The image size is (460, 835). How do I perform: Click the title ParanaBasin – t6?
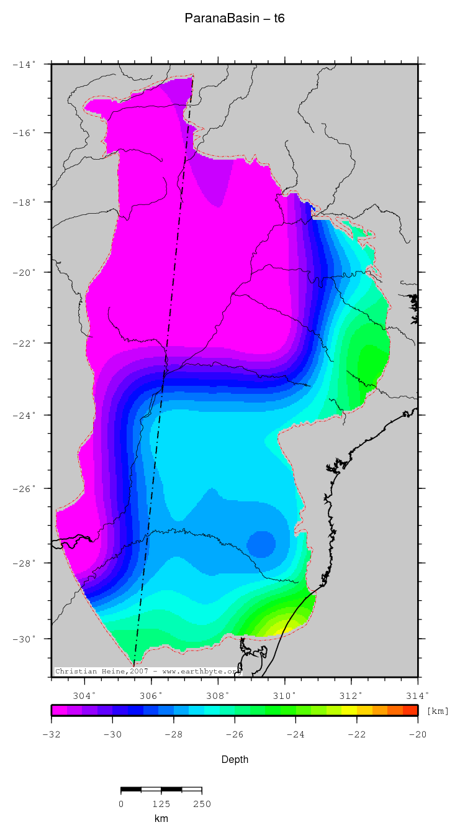(x=234, y=19)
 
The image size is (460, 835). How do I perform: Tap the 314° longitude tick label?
(x=417, y=695)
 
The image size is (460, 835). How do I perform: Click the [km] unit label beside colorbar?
(x=437, y=711)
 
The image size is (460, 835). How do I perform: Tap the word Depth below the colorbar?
(x=235, y=759)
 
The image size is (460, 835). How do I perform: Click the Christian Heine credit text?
(x=147, y=671)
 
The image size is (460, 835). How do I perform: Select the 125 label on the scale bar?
(x=161, y=804)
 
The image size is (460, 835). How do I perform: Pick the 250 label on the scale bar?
(x=202, y=804)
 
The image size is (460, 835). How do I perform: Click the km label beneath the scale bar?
(x=161, y=819)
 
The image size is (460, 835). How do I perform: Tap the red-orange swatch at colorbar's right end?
(x=410, y=710)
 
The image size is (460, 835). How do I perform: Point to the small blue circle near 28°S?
(x=260, y=544)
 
